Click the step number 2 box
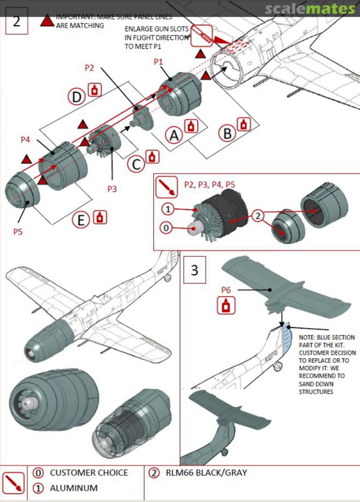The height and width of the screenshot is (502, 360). pos(17,21)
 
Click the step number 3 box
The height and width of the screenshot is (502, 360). pos(195,270)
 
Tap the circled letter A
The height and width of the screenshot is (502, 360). pos(174,135)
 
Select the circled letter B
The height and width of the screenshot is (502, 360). pos(227,133)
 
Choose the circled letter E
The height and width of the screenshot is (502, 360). pos(81,220)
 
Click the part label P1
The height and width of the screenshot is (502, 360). pos(159,61)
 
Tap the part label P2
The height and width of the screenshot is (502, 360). pos(89,68)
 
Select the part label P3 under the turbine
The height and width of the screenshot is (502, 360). pos(112,189)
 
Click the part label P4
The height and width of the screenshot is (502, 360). pos(26,139)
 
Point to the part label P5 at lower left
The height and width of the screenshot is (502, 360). pos(18,231)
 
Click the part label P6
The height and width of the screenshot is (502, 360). pos(226,290)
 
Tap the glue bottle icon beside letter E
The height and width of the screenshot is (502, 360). pos(100,217)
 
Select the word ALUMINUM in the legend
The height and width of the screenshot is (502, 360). pos(74,488)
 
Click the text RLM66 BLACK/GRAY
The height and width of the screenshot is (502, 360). pos(206,473)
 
